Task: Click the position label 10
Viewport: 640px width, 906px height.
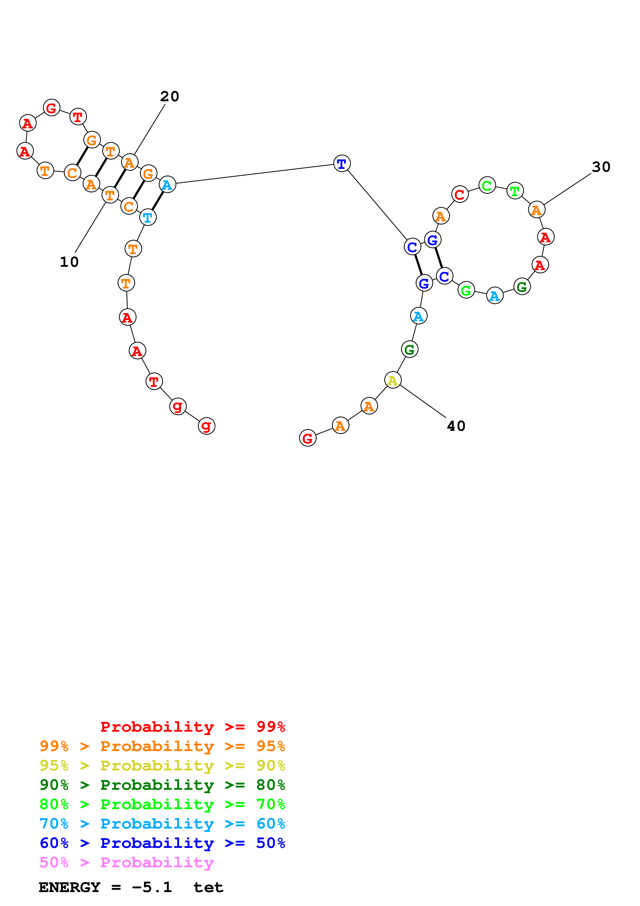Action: click(x=69, y=262)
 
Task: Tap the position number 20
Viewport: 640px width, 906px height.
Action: click(x=170, y=96)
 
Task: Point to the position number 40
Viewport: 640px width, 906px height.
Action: click(x=456, y=426)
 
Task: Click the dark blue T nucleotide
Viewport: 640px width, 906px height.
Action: click(x=342, y=163)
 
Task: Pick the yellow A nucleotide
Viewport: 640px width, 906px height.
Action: click(x=392, y=380)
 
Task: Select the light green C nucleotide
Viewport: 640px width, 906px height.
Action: click(x=487, y=185)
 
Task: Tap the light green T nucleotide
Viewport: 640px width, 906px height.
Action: click(x=515, y=191)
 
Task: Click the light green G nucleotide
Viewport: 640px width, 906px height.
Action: click(x=466, y=291)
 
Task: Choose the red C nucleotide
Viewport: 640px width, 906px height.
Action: click(x=459, y=194)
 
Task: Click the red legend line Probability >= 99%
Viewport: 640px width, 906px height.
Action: click(x=192, y=727)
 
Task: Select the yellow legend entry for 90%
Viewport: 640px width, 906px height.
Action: click(x=162, y=766)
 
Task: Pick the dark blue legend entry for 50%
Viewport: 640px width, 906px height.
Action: click(x=162, y=843)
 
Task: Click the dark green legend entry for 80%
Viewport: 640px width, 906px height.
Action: click(x=162, y=785)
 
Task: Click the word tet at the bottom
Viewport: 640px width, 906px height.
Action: click(x=208, y=887)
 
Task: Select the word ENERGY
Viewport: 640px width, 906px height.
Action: click(x=69, y=887)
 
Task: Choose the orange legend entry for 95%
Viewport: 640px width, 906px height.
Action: click(x=162, y=746)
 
